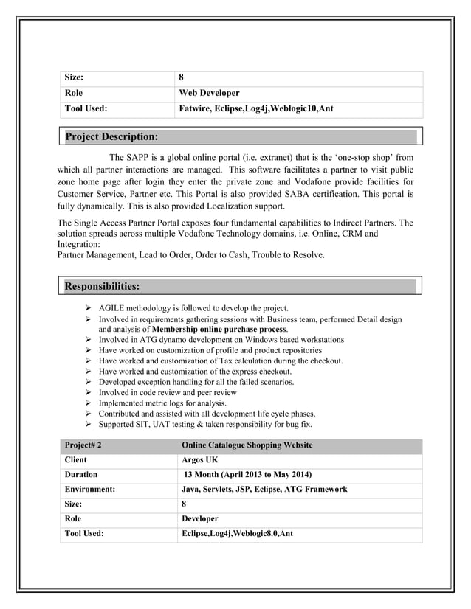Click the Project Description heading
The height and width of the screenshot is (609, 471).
pos(111,136)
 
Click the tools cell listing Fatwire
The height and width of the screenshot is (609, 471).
pos(256,109)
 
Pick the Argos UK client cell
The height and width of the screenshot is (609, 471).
pos(200,460)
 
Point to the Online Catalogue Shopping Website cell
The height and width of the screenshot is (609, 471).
pos(247,445)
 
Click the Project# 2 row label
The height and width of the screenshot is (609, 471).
pos(83,445)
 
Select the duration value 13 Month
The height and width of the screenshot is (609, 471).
pos(247,475)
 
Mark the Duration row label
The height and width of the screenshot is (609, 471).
pos(81,475)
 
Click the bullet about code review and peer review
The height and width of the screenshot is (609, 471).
pos(168,393)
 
